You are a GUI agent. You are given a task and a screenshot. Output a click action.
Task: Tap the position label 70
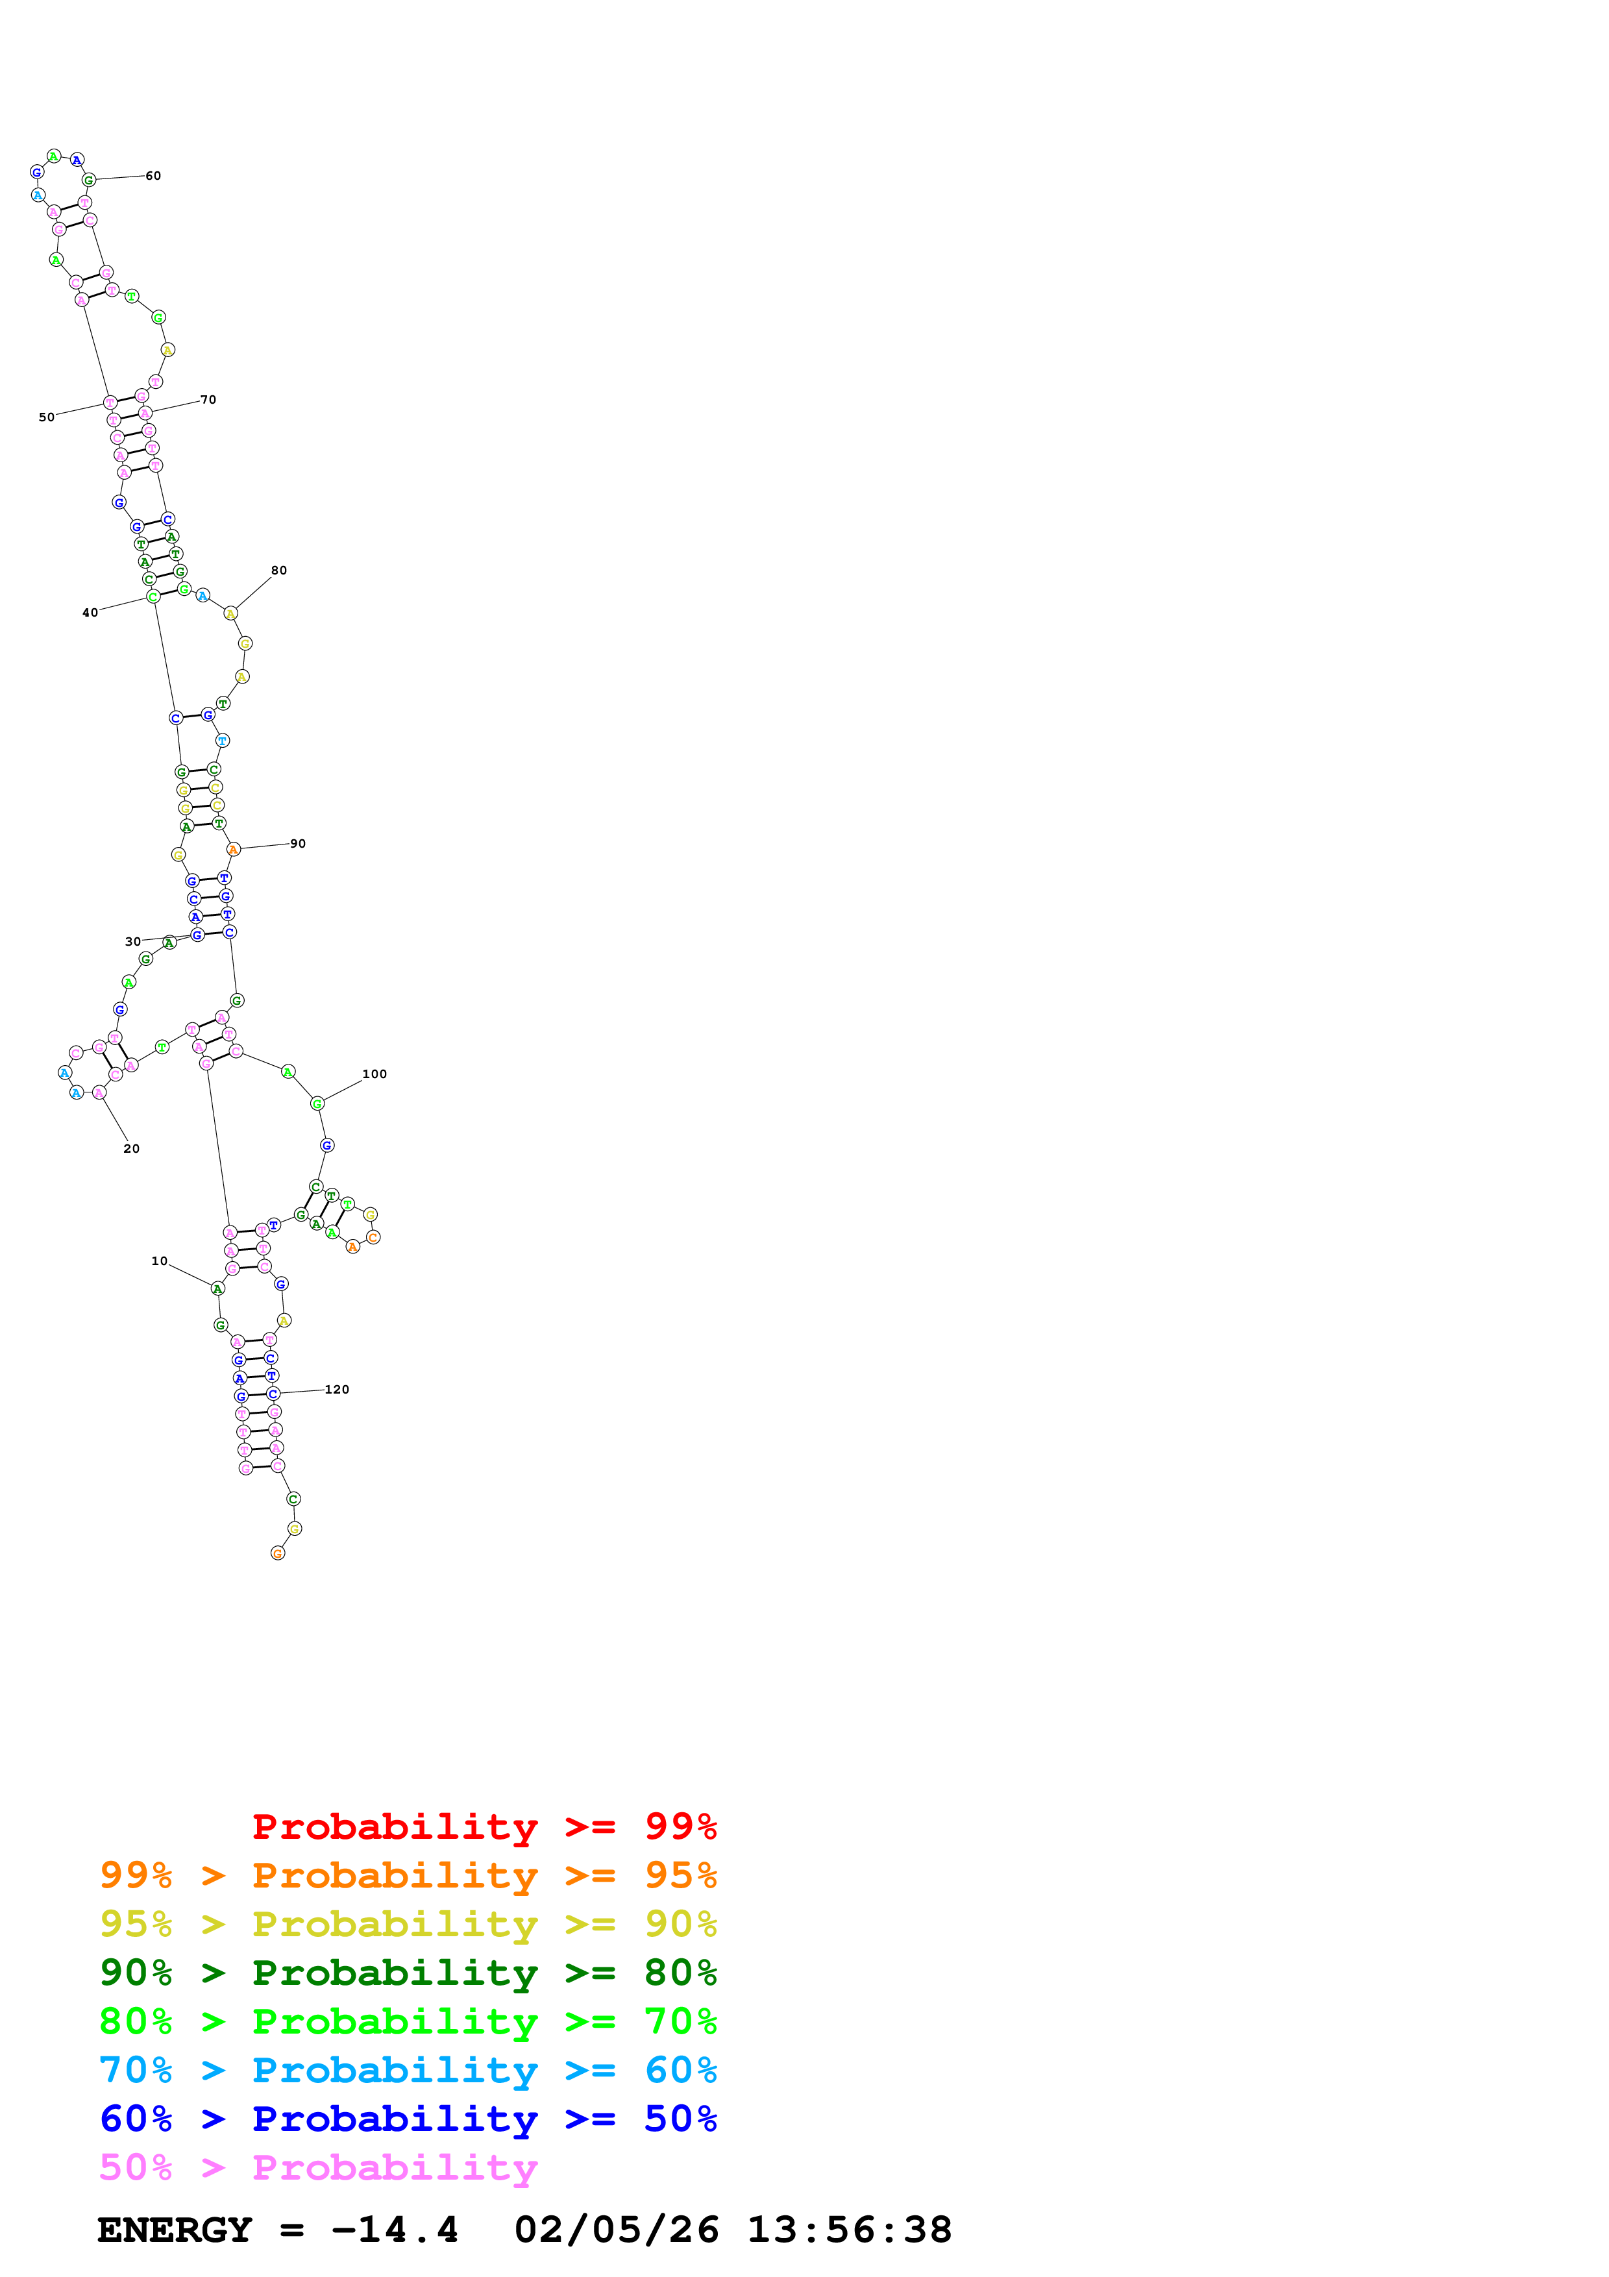click(x=208, y=400)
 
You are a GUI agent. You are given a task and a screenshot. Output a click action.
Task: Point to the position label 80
click(x=278, y=571)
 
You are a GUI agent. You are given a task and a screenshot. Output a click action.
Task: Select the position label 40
click(x=90, y=613)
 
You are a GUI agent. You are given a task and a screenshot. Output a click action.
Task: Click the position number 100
click(x=375, y=1074)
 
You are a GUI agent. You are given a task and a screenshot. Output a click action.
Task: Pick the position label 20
click(x=132, y=1148)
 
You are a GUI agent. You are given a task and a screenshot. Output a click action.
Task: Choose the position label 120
click(x=337, y=1390)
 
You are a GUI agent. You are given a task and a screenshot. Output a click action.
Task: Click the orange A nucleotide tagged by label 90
click(x=233, y=849)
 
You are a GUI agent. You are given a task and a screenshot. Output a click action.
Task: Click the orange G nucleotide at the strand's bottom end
click(x=278, y=1553)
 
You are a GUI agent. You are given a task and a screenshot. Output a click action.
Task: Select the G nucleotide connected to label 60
click(x=88, y=180)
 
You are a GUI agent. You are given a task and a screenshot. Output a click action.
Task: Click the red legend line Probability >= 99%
click(x=484, y=1827)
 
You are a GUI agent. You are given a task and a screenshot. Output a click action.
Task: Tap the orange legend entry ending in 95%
click(x=408, y=1875)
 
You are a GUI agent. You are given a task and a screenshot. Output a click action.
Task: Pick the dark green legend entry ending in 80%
click(x=408, y=1973)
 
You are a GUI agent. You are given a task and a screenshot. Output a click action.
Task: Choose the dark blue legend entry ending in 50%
click(x=408, y=2119)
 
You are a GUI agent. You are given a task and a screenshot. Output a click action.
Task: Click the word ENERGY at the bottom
click(x=175, y=2230)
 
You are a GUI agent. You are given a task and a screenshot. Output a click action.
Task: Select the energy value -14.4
click(x=395, y=2230)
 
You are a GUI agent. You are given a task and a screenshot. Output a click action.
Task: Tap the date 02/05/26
click(x=616, y=2230)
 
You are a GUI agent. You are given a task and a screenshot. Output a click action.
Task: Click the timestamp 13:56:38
click(x=848, y=2230)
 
